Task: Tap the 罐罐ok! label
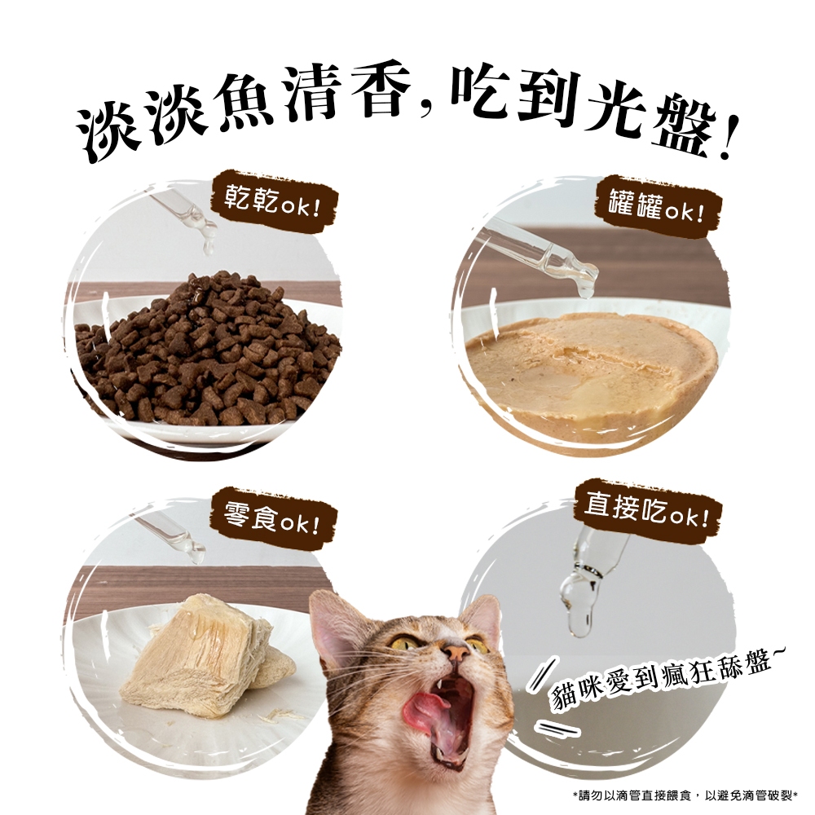657,206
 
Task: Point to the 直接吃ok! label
647,509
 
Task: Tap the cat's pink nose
457,652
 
